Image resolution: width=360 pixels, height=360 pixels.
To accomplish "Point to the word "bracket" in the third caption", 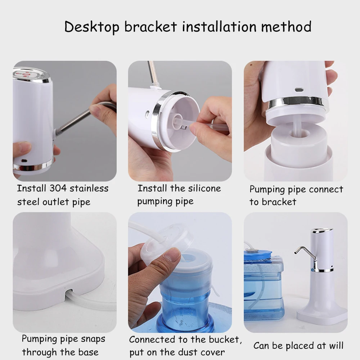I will pos(273,202).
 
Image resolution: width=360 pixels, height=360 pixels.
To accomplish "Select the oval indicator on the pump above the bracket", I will pos(298,90).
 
